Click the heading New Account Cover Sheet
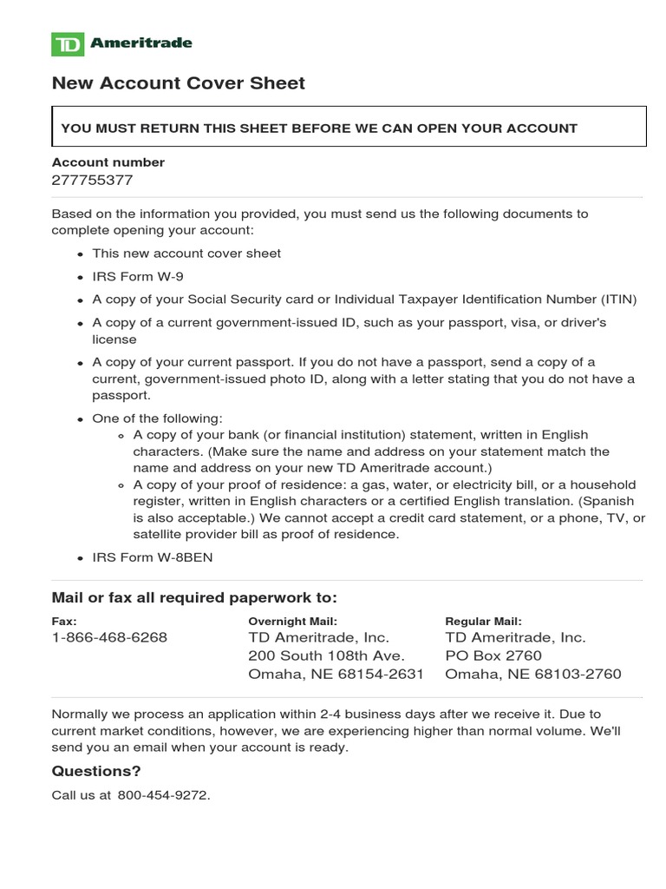tap(179, 83)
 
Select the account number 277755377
tap(93, 181)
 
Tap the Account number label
tap(108, 162)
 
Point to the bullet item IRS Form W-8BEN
tap(152, 557)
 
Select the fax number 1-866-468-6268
tap(109, 637)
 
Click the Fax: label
tap(64, 621)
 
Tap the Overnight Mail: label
tap(292, 621)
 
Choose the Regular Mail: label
tap(483, 621)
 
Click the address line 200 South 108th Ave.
tap(326, 655)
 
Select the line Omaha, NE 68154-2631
tap(336, 675)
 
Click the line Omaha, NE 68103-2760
tap(532, 675)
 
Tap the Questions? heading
tap(96, 771)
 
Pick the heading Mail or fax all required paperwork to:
tap(194, 598)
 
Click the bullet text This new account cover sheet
tap(186, 254)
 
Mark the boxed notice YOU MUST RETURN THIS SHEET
tap(319, 128)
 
